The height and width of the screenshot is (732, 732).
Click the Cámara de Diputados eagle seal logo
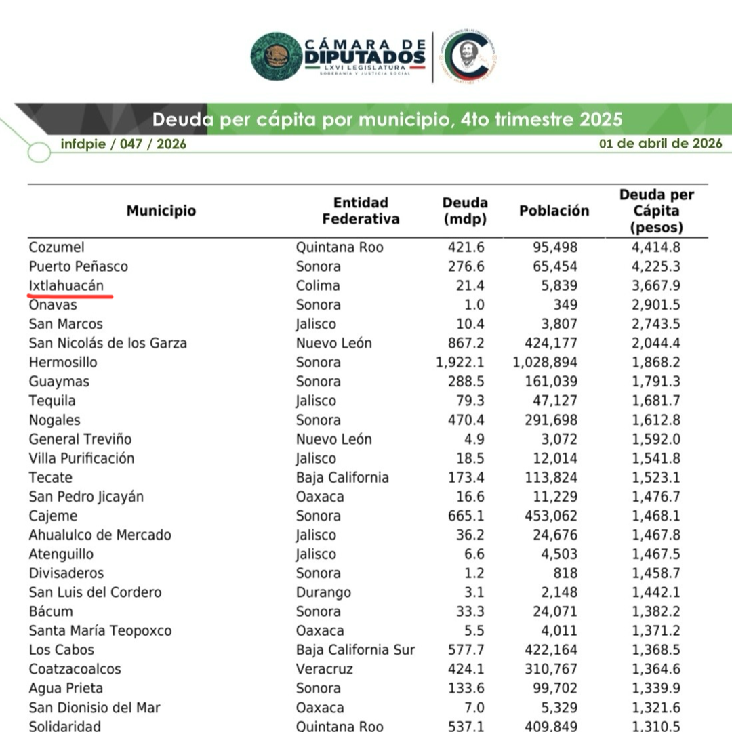(277, 56)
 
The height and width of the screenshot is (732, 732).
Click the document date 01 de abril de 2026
(660, 144)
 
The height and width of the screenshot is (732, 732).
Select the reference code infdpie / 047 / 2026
(123, 144)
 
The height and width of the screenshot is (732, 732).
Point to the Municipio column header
(161, 211)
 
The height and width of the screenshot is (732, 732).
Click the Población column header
(554, 211)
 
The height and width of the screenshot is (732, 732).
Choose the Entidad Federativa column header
(361, 211)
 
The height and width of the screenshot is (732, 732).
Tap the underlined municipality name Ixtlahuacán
(66, 285)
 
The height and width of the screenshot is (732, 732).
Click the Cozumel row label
(57, 247)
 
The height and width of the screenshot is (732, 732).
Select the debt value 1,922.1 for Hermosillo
(462, 362)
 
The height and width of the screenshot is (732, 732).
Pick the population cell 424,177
(550, 343)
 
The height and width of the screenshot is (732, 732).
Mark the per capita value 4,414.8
(656, 247)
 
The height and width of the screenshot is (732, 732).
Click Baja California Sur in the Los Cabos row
(355, 650)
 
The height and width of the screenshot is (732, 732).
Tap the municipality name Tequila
(52, 401)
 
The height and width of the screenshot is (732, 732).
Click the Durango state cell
(323, 592)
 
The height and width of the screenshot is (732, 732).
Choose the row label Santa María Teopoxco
(100, 631)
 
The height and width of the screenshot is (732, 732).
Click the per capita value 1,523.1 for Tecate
(656, 477)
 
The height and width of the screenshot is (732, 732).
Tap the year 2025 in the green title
(601, 120)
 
